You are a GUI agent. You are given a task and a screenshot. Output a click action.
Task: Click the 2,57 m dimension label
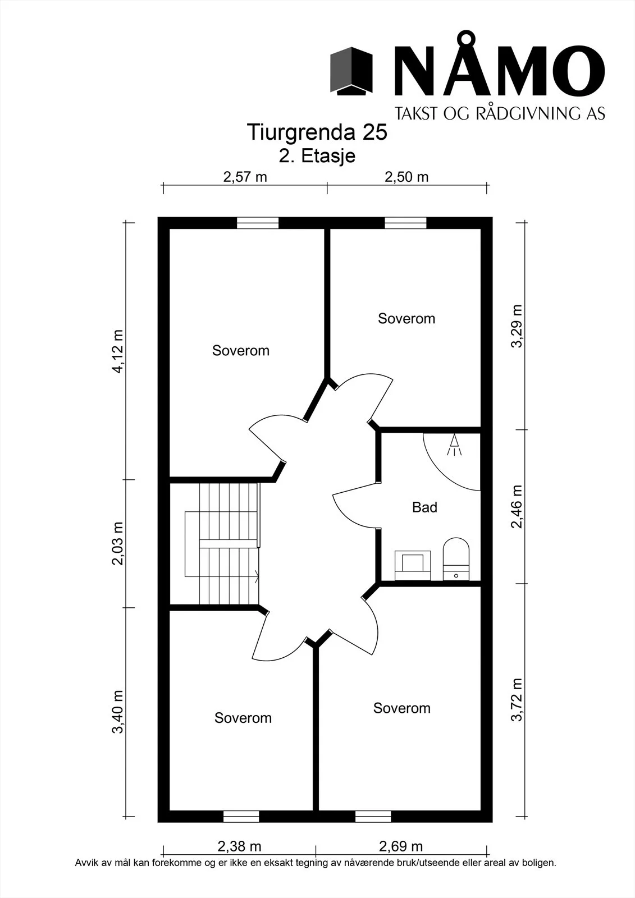(245, 177)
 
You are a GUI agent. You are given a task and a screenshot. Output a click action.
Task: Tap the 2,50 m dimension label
(406, 177)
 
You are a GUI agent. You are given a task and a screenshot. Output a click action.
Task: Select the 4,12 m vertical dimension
(118, 351)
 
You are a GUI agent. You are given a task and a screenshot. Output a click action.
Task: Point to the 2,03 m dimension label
(118, 543)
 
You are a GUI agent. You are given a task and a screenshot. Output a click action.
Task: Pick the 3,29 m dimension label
(517, 326)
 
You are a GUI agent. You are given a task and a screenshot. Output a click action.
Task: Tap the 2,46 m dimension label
(517, 507)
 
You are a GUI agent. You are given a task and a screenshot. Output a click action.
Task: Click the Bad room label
(425, 507)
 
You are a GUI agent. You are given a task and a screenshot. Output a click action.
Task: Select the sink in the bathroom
(413, 565)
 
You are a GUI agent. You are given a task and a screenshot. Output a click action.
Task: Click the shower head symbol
(454, 445)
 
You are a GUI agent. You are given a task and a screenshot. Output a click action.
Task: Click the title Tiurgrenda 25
(317, 132)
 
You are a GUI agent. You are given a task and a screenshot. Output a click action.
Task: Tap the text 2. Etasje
(317, 156)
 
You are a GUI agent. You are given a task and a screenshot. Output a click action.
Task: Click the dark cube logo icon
(351, 71)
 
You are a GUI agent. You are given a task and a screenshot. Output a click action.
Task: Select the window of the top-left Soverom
(258, 223)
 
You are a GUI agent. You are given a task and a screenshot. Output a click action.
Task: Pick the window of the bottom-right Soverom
(373, 817)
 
